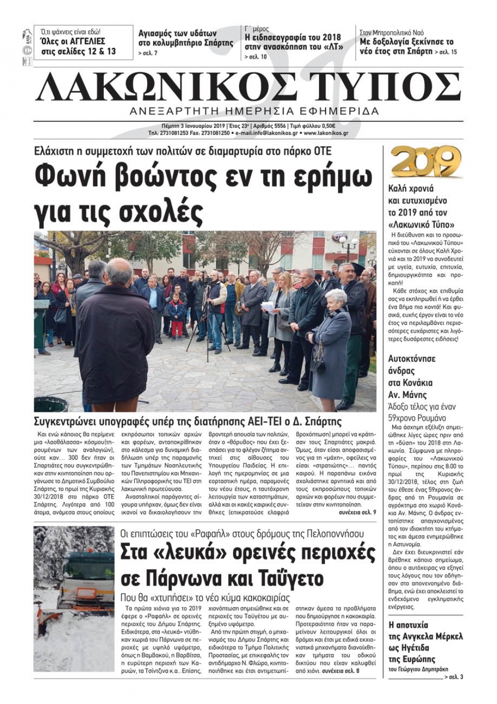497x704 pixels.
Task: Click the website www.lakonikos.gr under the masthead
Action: (x=326, y=133)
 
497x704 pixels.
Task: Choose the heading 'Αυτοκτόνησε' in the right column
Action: (x=412, y=359)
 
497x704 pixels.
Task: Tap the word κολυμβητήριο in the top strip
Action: (x=178, y=43)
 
